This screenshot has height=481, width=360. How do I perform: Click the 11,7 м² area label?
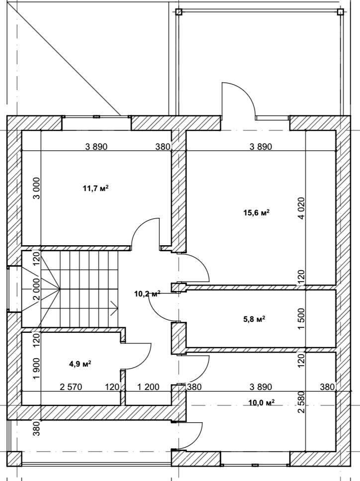click(95, 188)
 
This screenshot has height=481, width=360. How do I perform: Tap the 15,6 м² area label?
click(257, 212)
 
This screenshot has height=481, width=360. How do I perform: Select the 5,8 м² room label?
click(254, 319)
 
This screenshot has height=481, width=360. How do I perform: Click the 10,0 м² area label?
click(261, 402)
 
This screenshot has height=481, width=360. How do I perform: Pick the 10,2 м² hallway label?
click(147, 294)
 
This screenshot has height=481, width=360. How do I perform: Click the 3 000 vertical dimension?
click(36, 188)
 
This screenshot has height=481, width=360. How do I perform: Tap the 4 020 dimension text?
click(301, 208)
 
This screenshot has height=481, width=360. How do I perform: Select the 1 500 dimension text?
click(301, 319)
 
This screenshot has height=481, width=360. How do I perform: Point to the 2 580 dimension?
click(301, 402)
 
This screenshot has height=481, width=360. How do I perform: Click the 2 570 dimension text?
click(71, 387)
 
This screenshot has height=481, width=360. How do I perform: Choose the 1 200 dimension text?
click(148, 387)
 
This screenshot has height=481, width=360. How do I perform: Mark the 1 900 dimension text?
click(36, 369)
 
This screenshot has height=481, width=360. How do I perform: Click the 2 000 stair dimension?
click(36, 289)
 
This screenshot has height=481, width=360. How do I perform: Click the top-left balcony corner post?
click(179, 12)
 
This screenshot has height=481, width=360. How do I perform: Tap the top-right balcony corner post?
click(340, 12)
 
